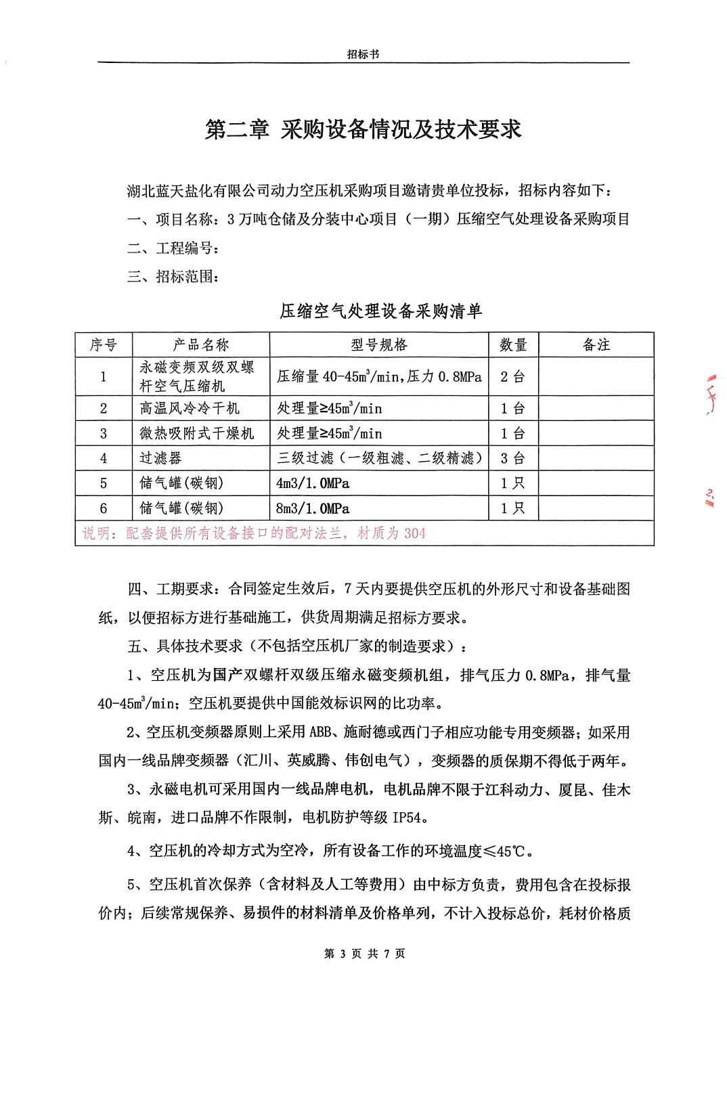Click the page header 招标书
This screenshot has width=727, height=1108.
pos(363,54)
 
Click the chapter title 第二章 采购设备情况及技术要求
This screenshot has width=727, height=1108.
pos(363,129)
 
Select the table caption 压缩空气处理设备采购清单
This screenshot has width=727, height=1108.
pos(381,311)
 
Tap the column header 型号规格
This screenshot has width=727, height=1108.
pos(379,345)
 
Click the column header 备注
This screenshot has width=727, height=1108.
pos(596,345)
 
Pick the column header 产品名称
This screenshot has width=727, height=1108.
pos(201,345)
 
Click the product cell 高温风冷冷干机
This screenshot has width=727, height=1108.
pos(190,409)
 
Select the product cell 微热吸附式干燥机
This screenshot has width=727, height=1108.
pos(197,434)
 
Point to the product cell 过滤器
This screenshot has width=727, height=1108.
pos(161,459)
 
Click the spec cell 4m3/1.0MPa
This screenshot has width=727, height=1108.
pos(313,484)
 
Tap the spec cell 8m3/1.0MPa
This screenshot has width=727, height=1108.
pos(313,509)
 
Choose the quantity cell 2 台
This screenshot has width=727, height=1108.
pos(512,377)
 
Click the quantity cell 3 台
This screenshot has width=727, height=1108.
pos(512,459)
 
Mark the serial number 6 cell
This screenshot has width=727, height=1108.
pos(104,509)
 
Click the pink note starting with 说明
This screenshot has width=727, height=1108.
pos(254,534)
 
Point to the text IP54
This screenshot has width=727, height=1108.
pos(410,818)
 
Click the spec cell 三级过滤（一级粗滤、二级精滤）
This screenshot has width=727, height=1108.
pos(379,459)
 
